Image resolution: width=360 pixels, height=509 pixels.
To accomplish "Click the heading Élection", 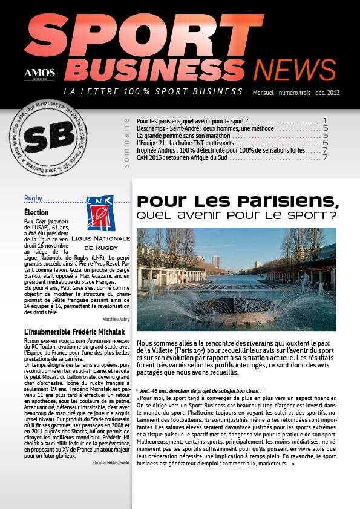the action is (36, 213).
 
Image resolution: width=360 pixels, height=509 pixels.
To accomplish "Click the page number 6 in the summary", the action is (325, 143).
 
